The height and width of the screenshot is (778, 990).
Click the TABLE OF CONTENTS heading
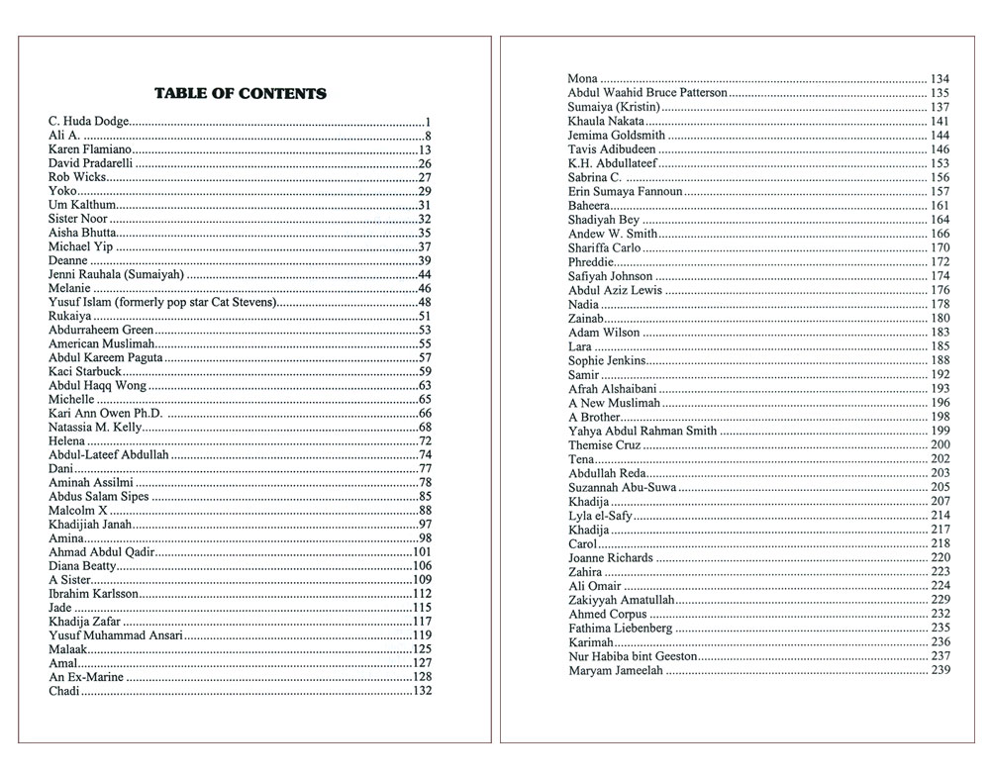coord(241,94)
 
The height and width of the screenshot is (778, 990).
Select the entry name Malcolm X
coord(78,510)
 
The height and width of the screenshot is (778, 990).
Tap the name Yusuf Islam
coord(80,302)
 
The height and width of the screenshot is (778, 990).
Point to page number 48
coord(424,302)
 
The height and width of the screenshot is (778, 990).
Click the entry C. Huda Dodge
coord(89,122)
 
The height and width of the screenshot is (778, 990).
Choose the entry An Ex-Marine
coord(86,677)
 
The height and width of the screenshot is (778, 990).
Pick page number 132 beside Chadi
coord(422,691)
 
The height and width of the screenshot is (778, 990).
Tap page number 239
coord(940,671)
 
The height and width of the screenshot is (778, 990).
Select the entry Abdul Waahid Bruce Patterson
coord(647,92)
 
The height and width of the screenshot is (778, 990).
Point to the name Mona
coord(582,78)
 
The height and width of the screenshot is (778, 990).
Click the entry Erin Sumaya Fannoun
coord(625,191)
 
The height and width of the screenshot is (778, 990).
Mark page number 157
coord(940,191)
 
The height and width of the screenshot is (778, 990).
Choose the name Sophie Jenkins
coord(607,360)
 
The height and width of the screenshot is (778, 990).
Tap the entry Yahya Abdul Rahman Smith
coord(643,432)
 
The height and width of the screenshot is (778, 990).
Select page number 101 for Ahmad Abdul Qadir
coord(422,552)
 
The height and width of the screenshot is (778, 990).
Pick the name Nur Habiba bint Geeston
coord(633,656)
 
